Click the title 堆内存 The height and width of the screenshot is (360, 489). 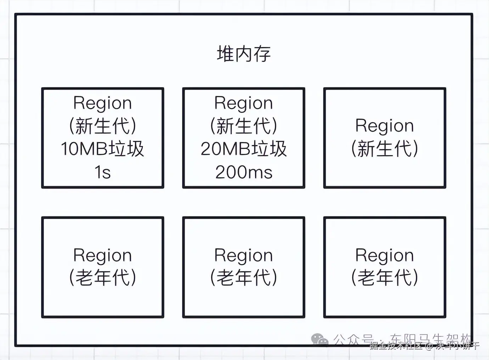coord(244,54)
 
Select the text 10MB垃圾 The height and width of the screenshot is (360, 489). coord(102,149)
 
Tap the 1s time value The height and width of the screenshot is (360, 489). coord(102,172)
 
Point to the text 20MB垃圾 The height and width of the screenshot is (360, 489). coord(244,149)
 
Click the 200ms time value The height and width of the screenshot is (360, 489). coord(244,172)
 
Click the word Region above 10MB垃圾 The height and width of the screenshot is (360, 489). coord(102,103)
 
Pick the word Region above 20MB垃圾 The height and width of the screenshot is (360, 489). coord(244,103)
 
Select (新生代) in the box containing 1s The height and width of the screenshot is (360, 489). coord(102,126)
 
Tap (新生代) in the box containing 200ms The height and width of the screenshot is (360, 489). coord(244,126)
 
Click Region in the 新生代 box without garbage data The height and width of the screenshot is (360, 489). coord(384,126)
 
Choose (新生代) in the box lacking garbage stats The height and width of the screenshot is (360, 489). coord(384,148)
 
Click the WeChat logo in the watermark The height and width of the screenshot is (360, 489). coord(320,339)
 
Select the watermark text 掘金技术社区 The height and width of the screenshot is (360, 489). coord(396,345)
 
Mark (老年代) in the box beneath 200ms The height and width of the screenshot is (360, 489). coord(244,277)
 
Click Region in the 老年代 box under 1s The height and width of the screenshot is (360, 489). coord(102,255)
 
